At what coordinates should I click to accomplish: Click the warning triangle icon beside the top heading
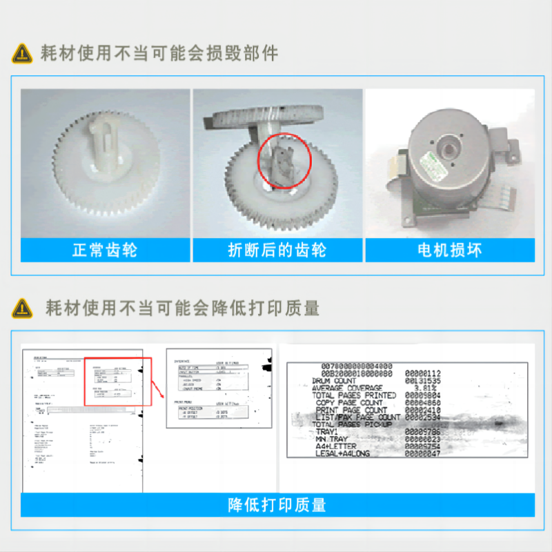22,52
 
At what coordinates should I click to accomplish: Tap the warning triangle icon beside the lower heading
22,308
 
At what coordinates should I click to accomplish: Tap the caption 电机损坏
450,250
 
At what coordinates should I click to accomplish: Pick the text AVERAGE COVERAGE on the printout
347,388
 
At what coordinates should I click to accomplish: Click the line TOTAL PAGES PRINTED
354,395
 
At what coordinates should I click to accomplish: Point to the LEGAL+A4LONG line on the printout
343,453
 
